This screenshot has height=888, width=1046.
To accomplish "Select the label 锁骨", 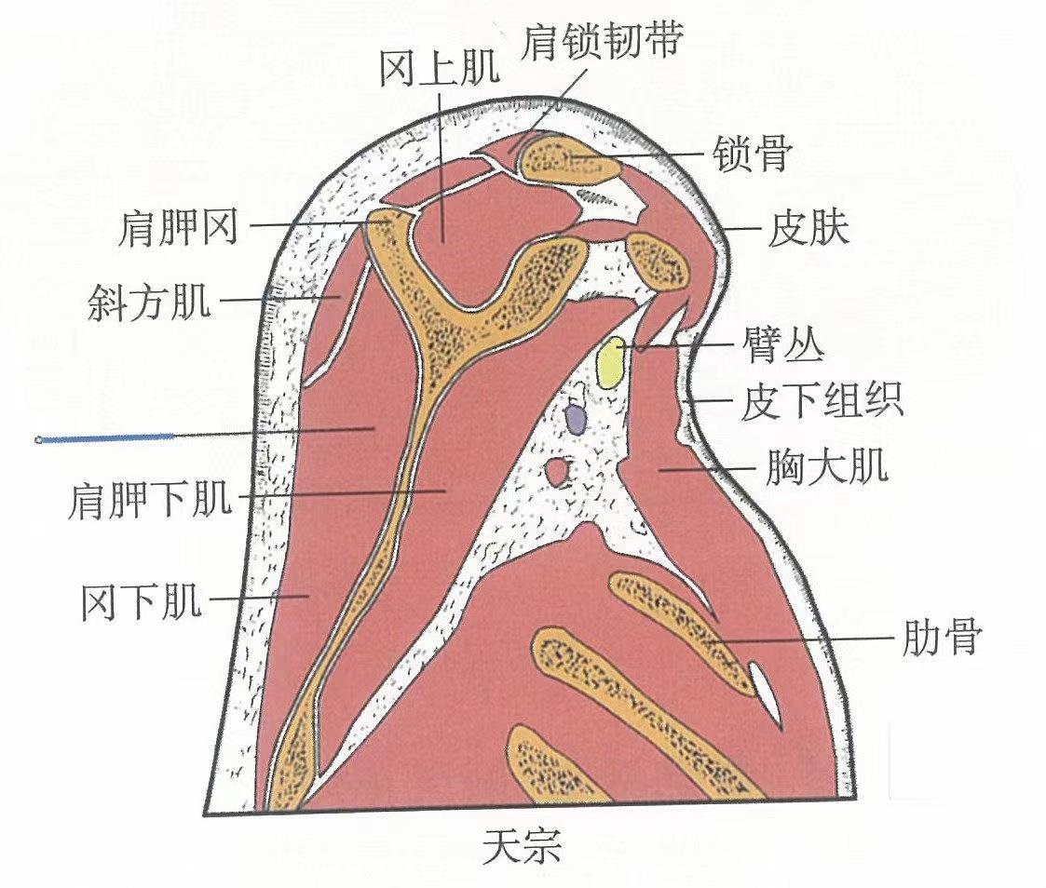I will point(752,155).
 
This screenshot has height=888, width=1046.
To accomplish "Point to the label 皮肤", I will point(808,229).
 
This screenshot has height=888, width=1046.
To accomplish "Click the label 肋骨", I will point(940,638).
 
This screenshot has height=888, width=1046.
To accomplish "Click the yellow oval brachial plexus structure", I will point(611,364).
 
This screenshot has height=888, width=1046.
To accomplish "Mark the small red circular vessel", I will point(560,473).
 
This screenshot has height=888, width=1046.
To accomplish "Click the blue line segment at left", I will point(107,437).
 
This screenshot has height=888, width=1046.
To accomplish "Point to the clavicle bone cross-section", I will point(569,158).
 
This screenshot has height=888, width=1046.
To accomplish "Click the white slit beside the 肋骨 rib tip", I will point(765,685).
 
